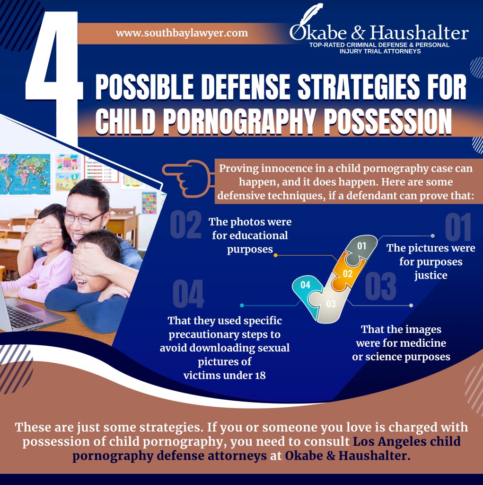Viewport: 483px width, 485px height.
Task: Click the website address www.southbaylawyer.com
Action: [x=182, y=33]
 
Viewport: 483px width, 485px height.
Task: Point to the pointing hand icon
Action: [x=188, y=179]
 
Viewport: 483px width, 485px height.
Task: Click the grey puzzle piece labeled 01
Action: [x=361, y=249]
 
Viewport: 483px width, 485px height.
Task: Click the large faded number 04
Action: [x=188, y=294]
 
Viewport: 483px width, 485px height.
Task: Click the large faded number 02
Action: [x=186, y=225]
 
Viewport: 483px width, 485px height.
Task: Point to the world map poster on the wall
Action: [x=25, y=174]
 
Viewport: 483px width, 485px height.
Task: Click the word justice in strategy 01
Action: [x=431, y=275]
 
